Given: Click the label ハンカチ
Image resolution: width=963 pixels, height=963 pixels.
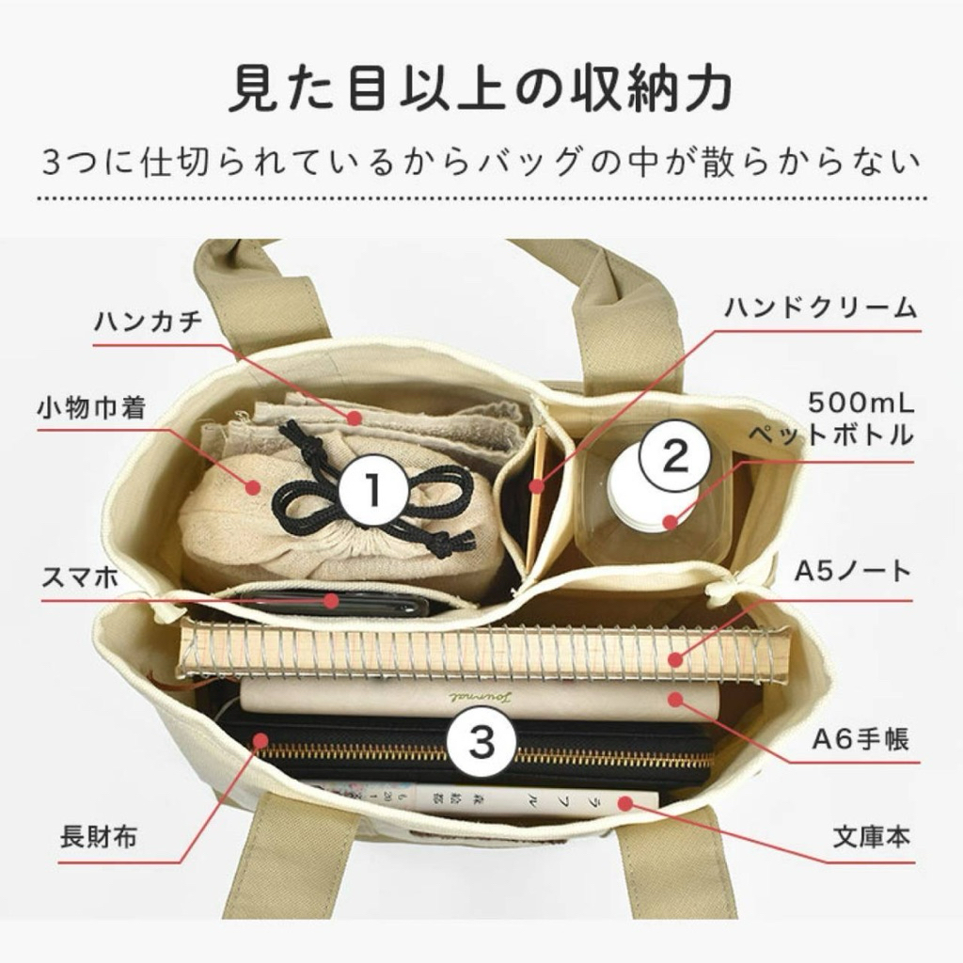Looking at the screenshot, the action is point(148,322).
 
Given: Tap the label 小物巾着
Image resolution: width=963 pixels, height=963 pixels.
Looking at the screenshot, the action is point(91,407).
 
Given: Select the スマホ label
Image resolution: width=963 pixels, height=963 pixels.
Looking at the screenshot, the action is point(80,578).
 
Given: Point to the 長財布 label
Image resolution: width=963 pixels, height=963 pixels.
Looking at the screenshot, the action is point(98,837).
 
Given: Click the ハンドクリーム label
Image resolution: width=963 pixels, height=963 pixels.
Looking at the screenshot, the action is point(820,308).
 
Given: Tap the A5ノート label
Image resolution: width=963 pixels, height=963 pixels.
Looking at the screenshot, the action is point(853,571).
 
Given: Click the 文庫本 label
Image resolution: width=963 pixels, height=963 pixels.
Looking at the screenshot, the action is point(870,837).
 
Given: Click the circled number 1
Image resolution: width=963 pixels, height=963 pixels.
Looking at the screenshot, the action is point(373,489).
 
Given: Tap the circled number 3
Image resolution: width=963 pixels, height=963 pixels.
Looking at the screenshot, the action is point(481,740).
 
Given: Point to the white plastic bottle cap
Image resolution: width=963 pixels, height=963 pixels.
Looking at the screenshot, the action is point(651,491).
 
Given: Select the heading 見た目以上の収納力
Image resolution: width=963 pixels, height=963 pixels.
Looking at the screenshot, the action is point(481,90).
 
